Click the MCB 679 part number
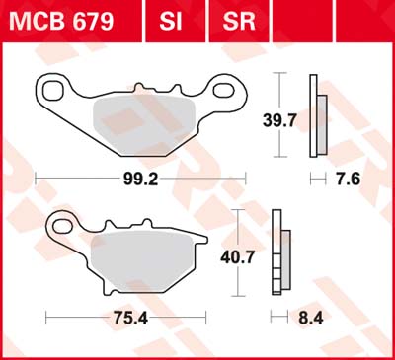tap(61, 22)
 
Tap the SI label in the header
tap(171, 22)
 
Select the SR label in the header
tap(239, 22)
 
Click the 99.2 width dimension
tap(140, 180)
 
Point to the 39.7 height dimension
tap(279, 120)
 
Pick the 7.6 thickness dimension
tap(348, 180)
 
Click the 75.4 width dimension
tap(130, 318)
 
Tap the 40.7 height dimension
tap(238, 256)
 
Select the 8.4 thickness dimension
tap(311, 318)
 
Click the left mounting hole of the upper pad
tap(53, 90)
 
